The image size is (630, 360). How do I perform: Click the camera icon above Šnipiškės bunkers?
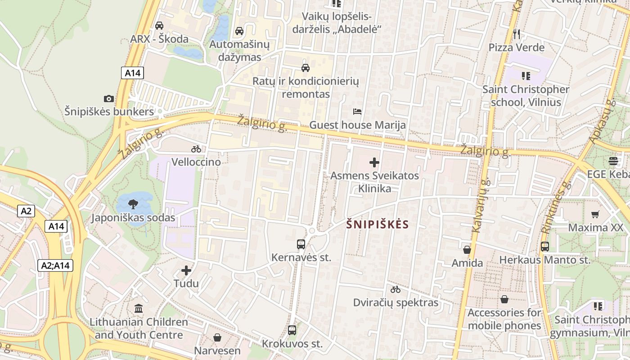point(108,99)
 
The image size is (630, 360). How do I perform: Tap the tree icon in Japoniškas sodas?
point(133,205)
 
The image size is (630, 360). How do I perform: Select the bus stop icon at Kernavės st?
point(301,244)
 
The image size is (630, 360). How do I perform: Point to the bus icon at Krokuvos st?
point(292,330)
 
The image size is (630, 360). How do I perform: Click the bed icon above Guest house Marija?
point(357,112)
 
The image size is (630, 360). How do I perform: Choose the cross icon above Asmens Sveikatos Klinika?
point(374,162)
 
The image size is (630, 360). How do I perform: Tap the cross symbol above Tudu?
point(186,270)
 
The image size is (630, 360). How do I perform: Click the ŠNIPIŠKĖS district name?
point(378,225)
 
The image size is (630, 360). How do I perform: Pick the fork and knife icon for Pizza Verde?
point(517,34)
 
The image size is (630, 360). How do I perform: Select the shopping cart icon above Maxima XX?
point(595,214)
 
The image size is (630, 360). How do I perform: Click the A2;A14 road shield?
point(55,265)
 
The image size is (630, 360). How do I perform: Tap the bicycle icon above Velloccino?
point(196,149)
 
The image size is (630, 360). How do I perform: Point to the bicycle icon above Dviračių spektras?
point(396,289)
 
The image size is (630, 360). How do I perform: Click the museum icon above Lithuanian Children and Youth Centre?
point(139,309)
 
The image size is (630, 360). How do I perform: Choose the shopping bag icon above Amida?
point(467,250)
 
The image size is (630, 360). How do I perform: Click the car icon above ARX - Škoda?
point(159,26)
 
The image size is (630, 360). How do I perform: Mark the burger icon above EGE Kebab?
point(612,161)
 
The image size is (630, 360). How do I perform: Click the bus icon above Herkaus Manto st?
point(545,247)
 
